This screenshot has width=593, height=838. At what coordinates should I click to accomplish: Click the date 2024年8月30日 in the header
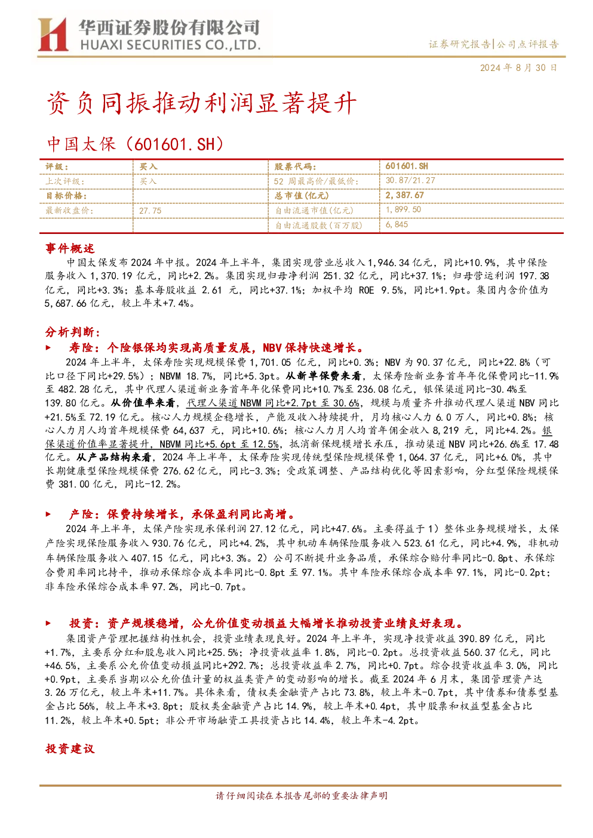pyautogui.click(x=518, y=67)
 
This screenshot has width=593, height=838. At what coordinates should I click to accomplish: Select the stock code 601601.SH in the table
pyautogui.click(x=407, y=166)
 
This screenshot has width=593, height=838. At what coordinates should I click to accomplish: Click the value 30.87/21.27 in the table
pyautogui.click(x=410, y=180)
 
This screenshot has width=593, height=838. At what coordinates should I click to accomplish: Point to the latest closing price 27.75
pyautogui.click(x=150, y=211)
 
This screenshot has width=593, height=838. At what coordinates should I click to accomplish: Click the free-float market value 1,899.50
pyautogui.click(x=403, y=209)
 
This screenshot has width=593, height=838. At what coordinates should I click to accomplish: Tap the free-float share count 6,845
pyautogui.click(x=397, y=224)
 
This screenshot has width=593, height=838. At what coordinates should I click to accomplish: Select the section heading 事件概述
pyautogui.click(x=70, y=248)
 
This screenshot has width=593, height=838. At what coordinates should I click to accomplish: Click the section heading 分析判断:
pyautogui.click(x=73, y=332)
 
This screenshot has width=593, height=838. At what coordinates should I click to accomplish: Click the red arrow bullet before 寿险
pyautogui.click(x=48, y=347)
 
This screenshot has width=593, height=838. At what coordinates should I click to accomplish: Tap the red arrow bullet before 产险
pyautogui.click(x=48, y=514)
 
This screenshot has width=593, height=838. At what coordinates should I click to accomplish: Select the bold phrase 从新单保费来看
pyautogui.click(x=323, y=375)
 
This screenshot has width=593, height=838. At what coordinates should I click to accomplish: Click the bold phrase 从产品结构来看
pyautogui.click(x=114, y=457)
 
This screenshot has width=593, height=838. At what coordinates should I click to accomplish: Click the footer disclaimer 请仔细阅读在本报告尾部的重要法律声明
pyautogui.click(x=302, y=796)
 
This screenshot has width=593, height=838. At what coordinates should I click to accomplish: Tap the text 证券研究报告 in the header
pyautogui.click(x=459, y=44)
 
